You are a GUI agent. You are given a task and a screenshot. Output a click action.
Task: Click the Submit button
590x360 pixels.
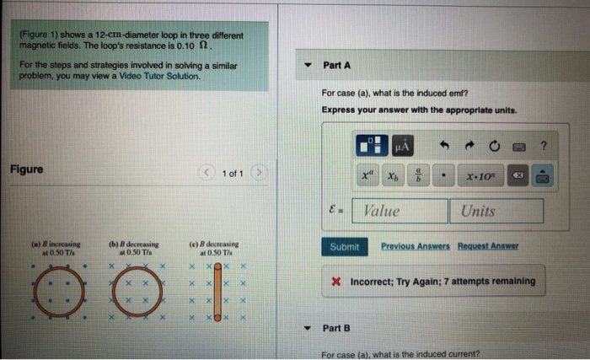346,247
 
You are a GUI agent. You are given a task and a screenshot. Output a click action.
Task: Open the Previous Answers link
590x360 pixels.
416,246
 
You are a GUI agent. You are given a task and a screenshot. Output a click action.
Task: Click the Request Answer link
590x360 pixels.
488,246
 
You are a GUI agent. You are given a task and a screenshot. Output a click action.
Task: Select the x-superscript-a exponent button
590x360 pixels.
367,176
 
